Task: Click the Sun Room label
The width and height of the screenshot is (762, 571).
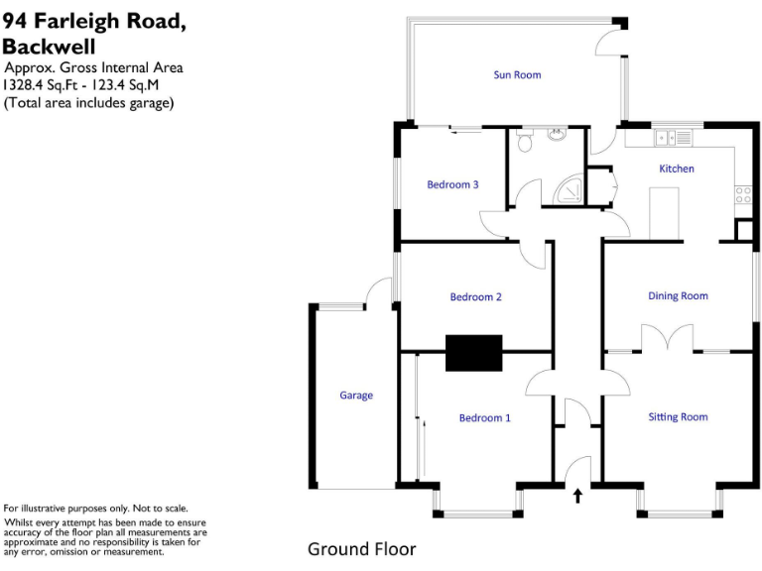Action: pyautogui.click(x=517, y=74)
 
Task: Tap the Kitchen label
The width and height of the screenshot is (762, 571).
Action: pyautogui.click(x=677, y=169)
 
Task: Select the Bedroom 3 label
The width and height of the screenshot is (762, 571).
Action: pyautogui.click(x=452, y=184)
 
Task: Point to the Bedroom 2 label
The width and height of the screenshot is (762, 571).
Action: pyautogui.click(x=475, y=297)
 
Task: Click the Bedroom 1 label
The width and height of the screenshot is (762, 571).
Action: pyautogui.click(x=484, y=418)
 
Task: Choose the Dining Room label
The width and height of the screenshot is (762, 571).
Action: pyautogui.click(x=678, y=295)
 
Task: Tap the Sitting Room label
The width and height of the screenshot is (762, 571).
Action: pyautogui.click(x=678, y=417)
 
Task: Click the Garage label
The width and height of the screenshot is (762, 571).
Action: pyautogui.click(x=356, y=396)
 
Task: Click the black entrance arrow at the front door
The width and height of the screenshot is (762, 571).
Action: pyautogui.click(x=577, y=495)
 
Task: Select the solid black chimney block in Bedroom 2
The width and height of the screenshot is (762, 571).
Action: pyautogui.click(x=474, y=353)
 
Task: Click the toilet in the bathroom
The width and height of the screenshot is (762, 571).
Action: pyautogui.click(x=527, y=143)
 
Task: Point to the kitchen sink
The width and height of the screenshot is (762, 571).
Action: pyautogui.click(x=679, y=137)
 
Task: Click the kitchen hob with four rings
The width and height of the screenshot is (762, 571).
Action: pyautogui.click(x=742, y=195)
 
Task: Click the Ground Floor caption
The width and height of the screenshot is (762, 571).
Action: pyautogui.click(x=361, y=549)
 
